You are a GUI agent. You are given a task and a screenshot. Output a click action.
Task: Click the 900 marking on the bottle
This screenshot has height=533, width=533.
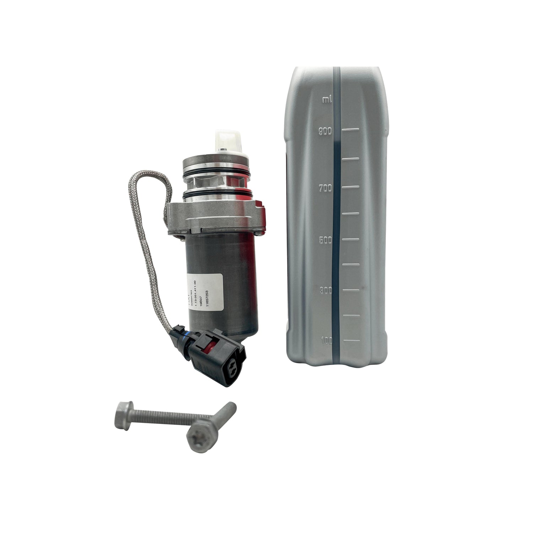325,131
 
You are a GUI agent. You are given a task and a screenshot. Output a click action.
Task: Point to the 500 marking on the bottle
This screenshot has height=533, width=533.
325,240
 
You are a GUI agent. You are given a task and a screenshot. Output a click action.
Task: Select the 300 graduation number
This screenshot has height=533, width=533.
325,290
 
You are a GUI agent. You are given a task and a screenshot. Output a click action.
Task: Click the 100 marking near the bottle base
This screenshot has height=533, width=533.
326,341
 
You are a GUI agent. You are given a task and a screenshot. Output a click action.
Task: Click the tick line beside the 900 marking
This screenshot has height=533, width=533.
350,130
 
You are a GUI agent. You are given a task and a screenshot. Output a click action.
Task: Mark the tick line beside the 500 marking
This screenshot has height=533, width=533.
350,239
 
